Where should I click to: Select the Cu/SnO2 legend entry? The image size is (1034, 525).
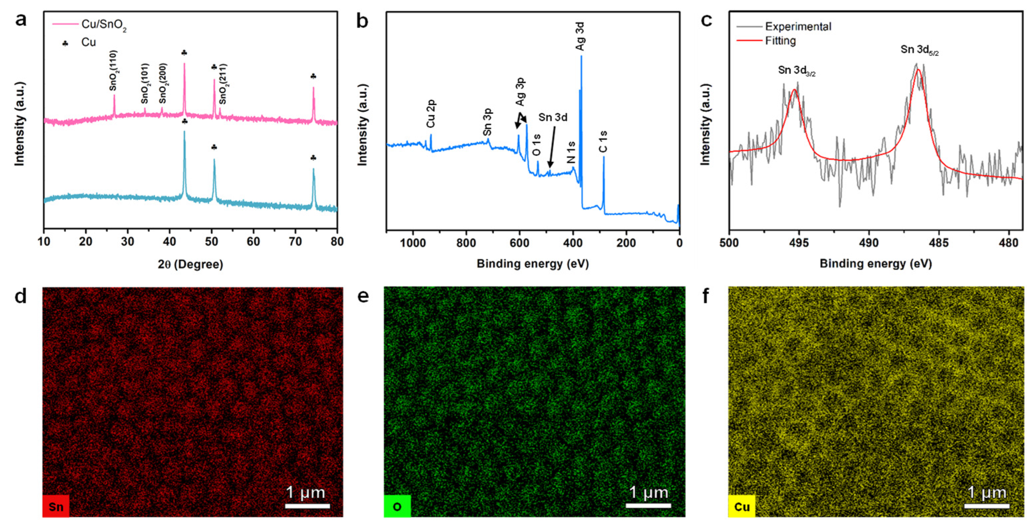coord(103,25)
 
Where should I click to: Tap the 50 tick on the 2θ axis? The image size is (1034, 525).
coord(212,242)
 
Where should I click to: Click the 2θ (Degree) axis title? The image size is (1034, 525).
coord(190,264)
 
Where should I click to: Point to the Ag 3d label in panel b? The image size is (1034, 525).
coord(580,36)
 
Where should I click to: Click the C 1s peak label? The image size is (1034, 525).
coord(603,142)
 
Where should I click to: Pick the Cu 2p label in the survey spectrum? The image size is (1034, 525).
coord(431,114)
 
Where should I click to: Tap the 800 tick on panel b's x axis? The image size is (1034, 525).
coord(466,243)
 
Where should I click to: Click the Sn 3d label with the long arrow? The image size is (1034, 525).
coord(553,117)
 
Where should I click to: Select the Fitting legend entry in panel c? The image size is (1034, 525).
coord(780,41)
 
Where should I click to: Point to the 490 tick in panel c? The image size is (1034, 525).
coord(869,243)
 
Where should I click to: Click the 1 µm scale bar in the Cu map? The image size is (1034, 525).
coord(987,506)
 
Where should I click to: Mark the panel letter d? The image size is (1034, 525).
coord(21,296)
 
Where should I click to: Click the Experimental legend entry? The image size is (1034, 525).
coord(798,27)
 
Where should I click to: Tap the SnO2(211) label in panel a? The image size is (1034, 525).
coord(223,84)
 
